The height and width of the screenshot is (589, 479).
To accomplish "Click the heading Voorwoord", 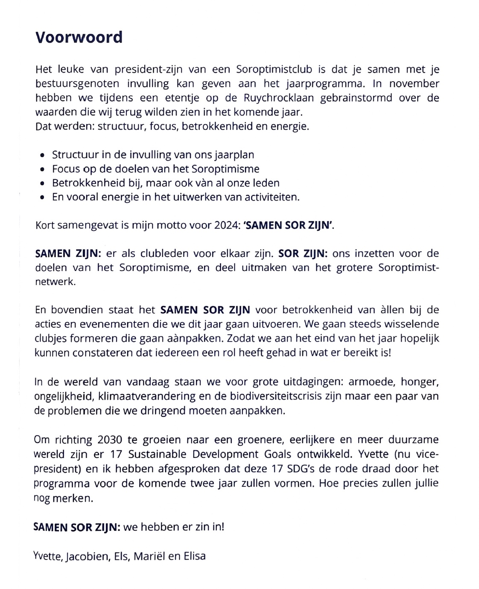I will pos(79,38).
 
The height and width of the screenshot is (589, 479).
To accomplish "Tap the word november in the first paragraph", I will pos(414,83).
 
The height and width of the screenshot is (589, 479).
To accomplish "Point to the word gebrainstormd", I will pos(356,98).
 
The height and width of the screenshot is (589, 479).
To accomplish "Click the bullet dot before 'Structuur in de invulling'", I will pos(42,155).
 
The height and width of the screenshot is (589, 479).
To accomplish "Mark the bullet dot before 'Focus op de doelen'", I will pos(42,169).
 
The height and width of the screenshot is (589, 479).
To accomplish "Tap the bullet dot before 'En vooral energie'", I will pos(42,197).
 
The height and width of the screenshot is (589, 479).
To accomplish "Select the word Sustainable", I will pos(157,454).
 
